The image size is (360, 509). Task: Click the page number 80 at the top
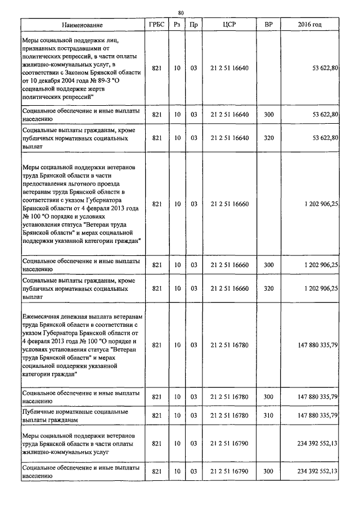[x=181, y=12]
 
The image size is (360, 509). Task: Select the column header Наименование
[x=82, y=25]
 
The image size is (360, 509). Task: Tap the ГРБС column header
[x=157, y=25]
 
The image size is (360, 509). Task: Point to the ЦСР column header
[x=228, y=25]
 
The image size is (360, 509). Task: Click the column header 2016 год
[x=309, y=25]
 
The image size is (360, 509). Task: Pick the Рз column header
[x=177, y=25]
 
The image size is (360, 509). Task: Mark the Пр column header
[x=193, y=25]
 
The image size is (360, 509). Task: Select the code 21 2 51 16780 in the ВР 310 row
[x=228, y=416]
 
